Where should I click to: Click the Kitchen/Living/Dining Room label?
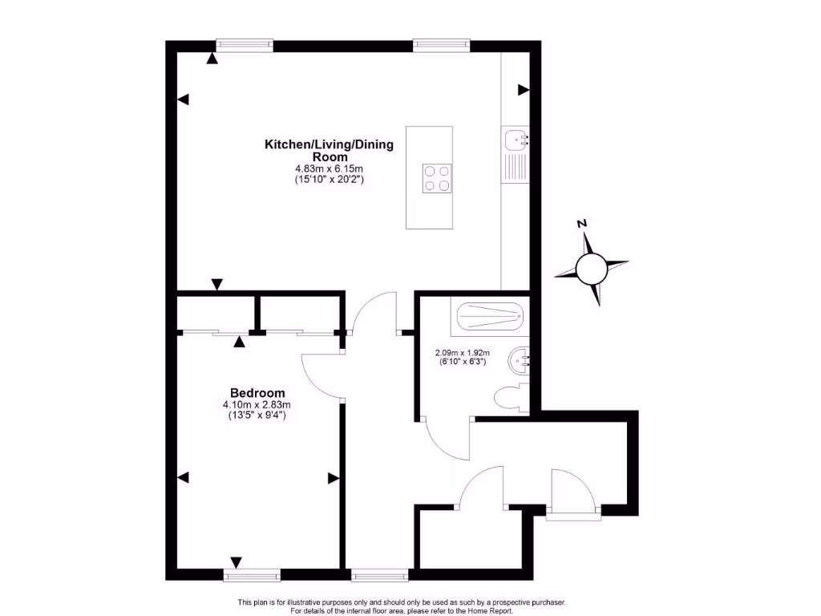329,150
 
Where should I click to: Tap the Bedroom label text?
257,393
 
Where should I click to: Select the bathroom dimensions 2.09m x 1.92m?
461,352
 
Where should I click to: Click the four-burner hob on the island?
437,177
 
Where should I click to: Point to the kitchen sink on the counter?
515,141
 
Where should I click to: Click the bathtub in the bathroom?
490,318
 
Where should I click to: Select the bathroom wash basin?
519,362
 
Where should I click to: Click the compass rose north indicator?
592,268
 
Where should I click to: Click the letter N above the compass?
583,224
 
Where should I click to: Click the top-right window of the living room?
442,45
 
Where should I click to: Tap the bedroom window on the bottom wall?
252,575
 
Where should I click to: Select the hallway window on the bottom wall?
379,575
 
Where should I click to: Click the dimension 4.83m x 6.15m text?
329,169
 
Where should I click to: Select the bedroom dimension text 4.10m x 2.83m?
257,405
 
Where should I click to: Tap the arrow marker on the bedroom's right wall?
334,478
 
